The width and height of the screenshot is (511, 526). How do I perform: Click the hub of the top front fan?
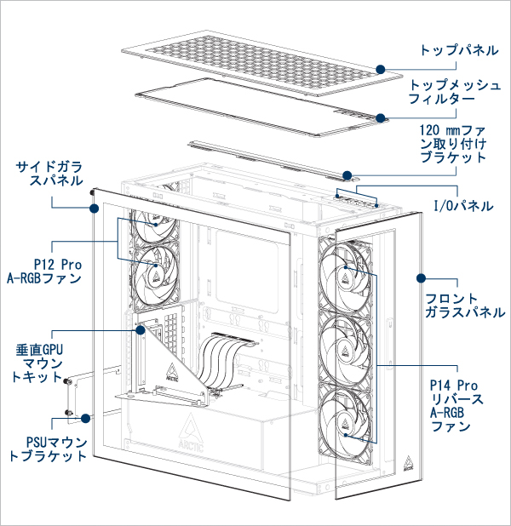tap(347, 272)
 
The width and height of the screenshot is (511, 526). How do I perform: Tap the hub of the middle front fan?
tap(347, 351)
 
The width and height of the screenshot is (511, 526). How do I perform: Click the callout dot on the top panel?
tap(382, 68)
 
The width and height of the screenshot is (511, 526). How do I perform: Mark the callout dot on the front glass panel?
tap(420, 277)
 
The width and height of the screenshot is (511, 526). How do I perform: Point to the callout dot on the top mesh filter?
tap(382, 117)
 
